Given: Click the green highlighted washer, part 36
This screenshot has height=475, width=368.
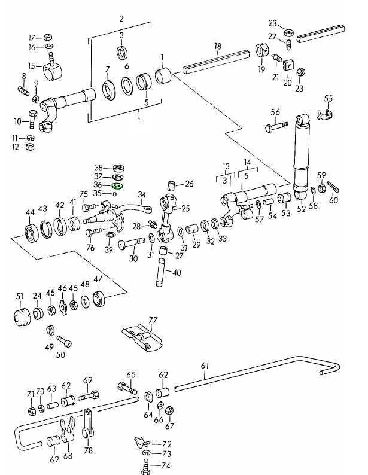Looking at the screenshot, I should click(x=117, y=186).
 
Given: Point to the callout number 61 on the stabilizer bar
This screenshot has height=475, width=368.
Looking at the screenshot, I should click(x=205, y=366).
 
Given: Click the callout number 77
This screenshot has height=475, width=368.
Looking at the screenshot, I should click(x=153, y=321).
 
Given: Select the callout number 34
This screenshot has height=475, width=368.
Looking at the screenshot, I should click(x=142, y=195).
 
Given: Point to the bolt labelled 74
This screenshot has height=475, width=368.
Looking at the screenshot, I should click(x=145, y=466).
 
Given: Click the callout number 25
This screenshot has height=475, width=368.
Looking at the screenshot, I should click(x=185, y=209).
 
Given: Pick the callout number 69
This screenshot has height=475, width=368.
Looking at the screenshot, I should click(x=87, y=380).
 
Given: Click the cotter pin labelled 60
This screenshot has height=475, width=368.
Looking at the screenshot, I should click(x=333, y=191).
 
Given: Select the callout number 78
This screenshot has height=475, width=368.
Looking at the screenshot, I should click(x=89, y=450).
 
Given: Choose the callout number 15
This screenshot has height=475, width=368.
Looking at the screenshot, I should click(x=32, y=66).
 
